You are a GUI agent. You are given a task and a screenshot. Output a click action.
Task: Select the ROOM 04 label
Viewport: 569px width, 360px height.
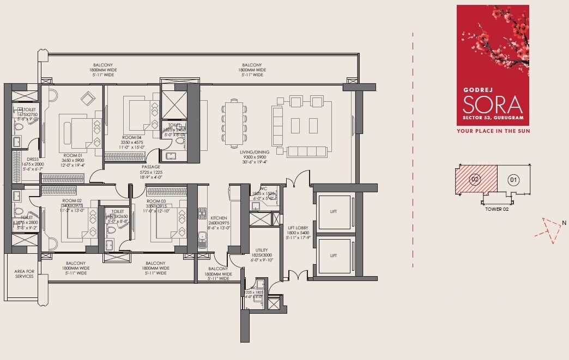131,138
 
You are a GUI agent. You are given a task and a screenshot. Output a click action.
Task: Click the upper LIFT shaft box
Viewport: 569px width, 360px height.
333,211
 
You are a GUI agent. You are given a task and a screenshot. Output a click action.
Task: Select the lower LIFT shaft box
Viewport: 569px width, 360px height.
333,255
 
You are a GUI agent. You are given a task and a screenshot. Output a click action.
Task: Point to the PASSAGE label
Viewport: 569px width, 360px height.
152,167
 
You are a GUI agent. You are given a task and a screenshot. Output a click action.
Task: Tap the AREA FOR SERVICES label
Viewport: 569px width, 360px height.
25,273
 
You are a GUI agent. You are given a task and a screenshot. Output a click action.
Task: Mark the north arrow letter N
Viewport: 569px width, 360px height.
564,222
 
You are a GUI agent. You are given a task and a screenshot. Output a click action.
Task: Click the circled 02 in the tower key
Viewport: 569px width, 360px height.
475,179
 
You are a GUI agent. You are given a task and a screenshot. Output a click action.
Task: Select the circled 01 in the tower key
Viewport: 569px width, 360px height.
513,179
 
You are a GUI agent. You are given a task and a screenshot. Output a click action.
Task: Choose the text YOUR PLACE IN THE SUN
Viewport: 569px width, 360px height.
493,131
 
